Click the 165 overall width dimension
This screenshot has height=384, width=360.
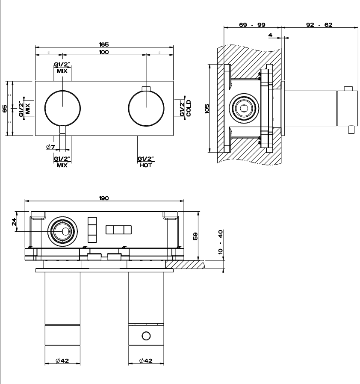click(104, 44)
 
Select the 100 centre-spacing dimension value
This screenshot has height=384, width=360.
click(104, 52)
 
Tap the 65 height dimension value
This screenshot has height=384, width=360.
click(5, 108)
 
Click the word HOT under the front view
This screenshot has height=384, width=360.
click(145, 165)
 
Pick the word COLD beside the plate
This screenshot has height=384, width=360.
click(188, 108)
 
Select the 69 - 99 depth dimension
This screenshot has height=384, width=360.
click(252, 25)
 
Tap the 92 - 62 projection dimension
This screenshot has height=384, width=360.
click(319, 25)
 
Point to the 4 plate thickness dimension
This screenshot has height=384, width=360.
click(271, 35)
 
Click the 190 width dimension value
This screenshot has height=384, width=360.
click(104, 198)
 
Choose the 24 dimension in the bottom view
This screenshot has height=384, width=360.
click(14, 222)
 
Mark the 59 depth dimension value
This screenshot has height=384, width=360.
click(195, 236)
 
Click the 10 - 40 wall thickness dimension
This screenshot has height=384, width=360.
click(221, 242)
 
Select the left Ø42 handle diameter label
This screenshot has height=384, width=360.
click(62, 361)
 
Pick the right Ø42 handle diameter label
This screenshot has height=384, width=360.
click(146, 361)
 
